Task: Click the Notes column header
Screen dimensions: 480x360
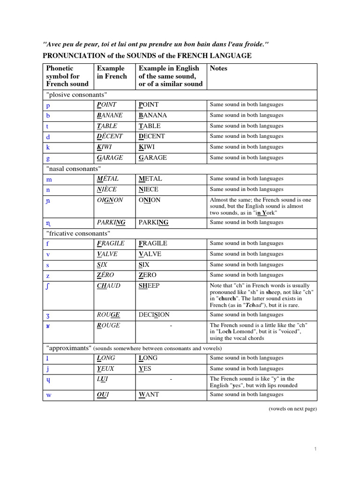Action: coord(218,68)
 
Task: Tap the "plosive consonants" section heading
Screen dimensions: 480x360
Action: coord(76,94)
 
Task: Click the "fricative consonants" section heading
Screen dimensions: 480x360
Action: coord(78,233)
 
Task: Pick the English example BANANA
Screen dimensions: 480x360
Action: coord(153,115)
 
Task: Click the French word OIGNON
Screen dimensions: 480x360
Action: coord(110,200)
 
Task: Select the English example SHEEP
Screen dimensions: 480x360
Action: coord(149,286)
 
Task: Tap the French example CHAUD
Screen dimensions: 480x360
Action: coord(109,286)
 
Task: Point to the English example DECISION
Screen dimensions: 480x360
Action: coord(154,315)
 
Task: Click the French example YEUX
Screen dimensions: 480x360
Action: coord(106,369)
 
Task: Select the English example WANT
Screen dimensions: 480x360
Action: coord(149,395)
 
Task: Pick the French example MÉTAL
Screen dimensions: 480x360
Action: coord(108,179)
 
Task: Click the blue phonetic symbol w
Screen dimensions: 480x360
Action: coord(49,395)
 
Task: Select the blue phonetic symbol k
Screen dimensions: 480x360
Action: coord(48,147)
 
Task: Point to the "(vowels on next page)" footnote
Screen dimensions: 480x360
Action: coord(292,409)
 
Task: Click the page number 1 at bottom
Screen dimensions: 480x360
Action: coord(315,450)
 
